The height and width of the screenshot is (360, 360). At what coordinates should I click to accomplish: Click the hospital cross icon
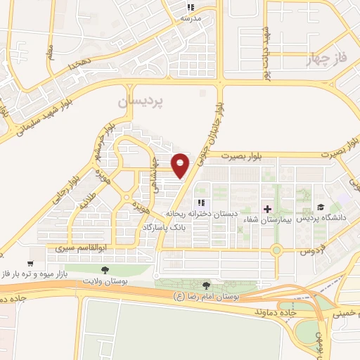(266, 209)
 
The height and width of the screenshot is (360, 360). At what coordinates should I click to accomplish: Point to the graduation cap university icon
(321, 207)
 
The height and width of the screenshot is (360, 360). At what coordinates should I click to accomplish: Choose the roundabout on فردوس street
(277, 250)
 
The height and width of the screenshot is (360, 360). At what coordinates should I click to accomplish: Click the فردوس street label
(310, 250)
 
